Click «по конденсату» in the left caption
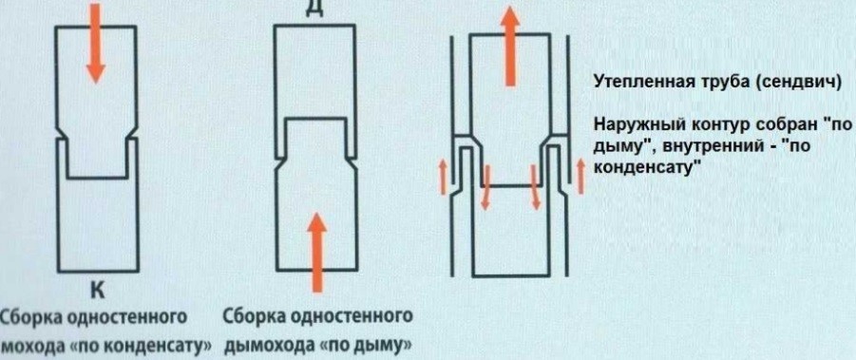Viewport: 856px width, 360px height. (142, 343)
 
